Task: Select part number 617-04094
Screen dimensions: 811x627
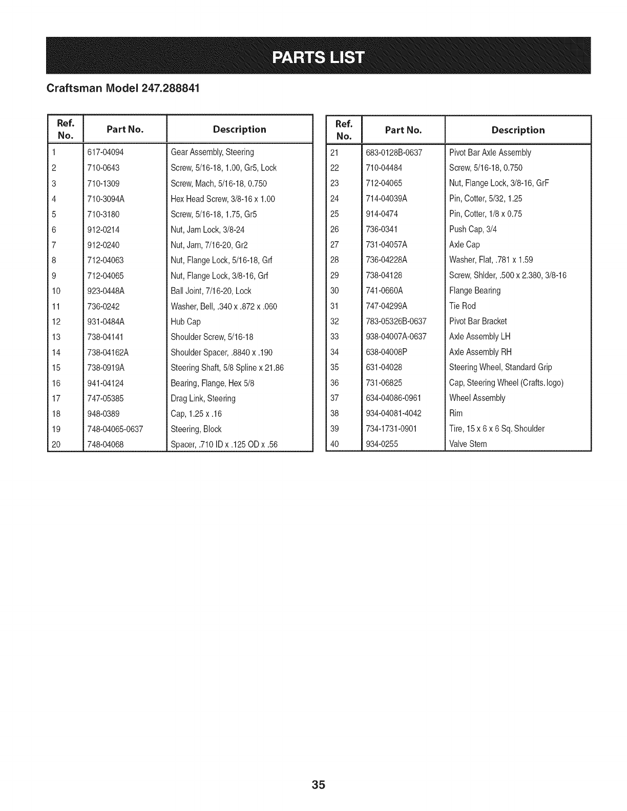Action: pos(106,152)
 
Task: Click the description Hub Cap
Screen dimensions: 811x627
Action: pos(185,322)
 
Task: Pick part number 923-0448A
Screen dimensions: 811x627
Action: pos(106,291)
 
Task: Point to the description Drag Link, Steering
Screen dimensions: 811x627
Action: pos(203,398)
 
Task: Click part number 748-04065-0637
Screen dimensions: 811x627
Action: pos(115,429)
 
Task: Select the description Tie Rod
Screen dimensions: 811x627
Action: pos(462,306)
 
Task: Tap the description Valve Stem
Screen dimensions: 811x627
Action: pos(468,444)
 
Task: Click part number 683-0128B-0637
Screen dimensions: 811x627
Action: pos(393,153)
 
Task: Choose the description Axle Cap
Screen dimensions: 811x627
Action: pos(464,244)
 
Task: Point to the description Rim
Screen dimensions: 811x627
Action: pos(455,413)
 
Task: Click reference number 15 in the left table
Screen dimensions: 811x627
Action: pos(56,368)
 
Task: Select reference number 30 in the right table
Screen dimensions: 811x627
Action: pos(335,290)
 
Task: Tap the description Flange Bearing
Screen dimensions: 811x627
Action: pos(475,290)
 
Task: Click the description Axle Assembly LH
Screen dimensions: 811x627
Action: pos(479,336)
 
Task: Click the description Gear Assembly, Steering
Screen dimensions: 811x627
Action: pos(212,152)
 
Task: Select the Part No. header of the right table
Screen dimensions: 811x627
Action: pos(403,130)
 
